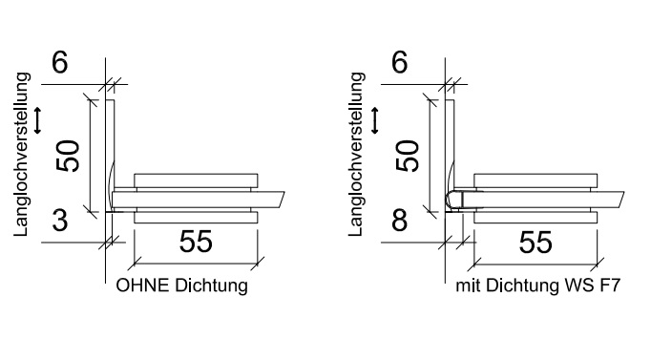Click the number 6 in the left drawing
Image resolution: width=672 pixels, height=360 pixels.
pos(59,63)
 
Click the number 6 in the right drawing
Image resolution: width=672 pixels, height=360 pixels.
pos(399,63)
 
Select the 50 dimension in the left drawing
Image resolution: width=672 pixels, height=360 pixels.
pos(69,156)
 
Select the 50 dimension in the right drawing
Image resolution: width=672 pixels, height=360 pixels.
pos(408,156)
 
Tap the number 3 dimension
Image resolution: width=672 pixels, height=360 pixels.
pos(60,221)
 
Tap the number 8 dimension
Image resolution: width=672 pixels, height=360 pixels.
pos(399,221)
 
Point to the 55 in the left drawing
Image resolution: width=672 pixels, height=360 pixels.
pos(196,242)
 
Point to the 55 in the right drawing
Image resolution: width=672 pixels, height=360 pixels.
pos(535,243)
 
